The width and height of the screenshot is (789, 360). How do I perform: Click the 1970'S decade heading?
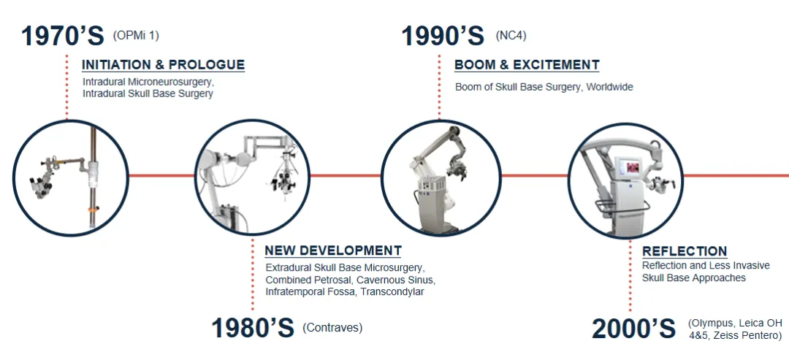[x=62, y=37]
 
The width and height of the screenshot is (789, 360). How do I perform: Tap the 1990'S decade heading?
[x=442, y=37]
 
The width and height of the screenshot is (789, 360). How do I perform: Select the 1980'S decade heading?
[x=253, y=328]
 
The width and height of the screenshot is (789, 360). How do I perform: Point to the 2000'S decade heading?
[x=633, y=329]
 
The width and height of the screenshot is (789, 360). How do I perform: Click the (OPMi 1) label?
[x=136, y=36]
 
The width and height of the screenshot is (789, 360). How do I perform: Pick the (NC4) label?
[x=511, y=36]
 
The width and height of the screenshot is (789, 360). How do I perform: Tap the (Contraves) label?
[x=332, y=328]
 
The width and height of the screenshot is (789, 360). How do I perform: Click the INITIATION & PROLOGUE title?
[x=163, y=65]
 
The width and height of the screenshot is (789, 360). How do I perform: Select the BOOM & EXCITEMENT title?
[x=527, y=65]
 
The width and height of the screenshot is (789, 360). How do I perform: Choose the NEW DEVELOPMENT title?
[x=333, y=250]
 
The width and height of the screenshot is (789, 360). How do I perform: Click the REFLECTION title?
[x=685, y=251]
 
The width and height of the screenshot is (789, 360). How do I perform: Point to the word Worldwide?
[x=610, y=87]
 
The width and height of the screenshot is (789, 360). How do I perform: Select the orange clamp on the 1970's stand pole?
[x=92, y=208]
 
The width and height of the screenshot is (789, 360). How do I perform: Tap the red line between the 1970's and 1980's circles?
[x=161, y=175]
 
